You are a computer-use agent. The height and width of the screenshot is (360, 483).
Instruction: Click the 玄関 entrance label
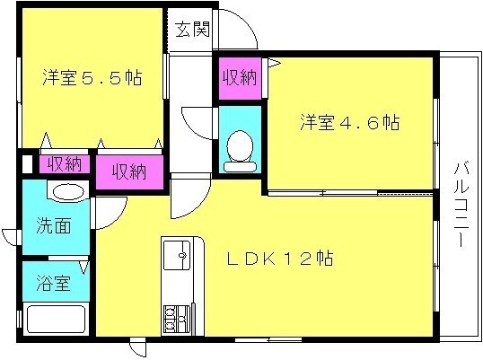pos(192,30)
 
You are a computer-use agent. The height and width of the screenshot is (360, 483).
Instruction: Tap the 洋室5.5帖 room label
pos(92,77)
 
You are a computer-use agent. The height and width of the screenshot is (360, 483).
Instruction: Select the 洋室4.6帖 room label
pos(349,122)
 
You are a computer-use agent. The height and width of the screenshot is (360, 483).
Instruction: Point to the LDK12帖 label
pos(280,258)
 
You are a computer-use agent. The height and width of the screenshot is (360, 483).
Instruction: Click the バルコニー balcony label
pos(461,206)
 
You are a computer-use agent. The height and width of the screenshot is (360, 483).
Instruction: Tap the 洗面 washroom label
pos(54,225)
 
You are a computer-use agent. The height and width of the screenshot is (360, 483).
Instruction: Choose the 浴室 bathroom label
pos(54,283)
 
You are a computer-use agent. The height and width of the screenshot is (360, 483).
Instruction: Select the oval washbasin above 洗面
pos(68,192)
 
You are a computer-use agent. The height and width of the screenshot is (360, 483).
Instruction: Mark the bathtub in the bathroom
pos(56,320)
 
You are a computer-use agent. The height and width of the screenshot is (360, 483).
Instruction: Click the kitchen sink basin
pos(177,255)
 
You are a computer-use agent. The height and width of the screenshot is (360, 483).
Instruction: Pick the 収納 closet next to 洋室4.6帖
pos(240,78)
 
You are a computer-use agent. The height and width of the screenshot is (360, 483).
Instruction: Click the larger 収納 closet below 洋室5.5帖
pos(129,172)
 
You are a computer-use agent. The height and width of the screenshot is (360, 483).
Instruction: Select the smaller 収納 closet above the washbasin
pos(65,163)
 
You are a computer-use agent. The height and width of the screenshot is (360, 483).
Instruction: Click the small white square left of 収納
pos(28,164)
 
